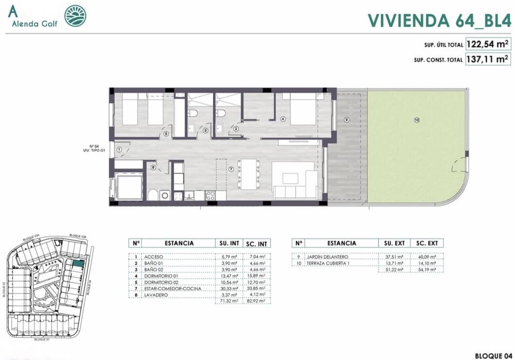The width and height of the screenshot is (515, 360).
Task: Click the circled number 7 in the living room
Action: (232, 169)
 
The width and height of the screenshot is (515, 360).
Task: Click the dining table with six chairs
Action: (250, 174)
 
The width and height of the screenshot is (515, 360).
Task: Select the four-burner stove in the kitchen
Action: (211, 196)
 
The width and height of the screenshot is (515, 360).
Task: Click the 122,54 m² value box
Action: (488, 44)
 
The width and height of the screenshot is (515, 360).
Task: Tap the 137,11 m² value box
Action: (488, 59)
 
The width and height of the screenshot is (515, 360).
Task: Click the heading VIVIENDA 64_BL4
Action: (439, 20)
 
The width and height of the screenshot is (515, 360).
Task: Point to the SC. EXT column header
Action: (427, 243)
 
